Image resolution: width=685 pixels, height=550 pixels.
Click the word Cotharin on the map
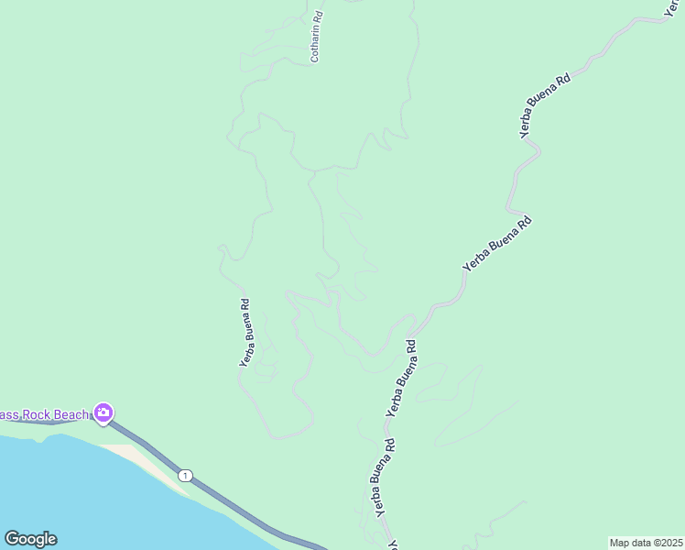coord(316,45)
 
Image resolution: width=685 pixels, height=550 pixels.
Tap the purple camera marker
coord(103,413)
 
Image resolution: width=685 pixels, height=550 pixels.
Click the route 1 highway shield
coord(186,475)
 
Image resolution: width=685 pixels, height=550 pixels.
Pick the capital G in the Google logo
coord(11,539)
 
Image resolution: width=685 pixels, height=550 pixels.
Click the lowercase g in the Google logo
coord(38,541)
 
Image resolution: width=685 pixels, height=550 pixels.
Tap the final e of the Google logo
coord(51,539)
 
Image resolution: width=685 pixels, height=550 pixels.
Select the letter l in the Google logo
coord(45,538)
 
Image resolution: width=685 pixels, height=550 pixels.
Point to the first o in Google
coord(21,540)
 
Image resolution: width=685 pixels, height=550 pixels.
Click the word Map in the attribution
coord(620,543)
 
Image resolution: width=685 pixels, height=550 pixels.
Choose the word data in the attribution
coord(641,543)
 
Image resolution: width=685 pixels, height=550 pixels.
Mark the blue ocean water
coord(73,495)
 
